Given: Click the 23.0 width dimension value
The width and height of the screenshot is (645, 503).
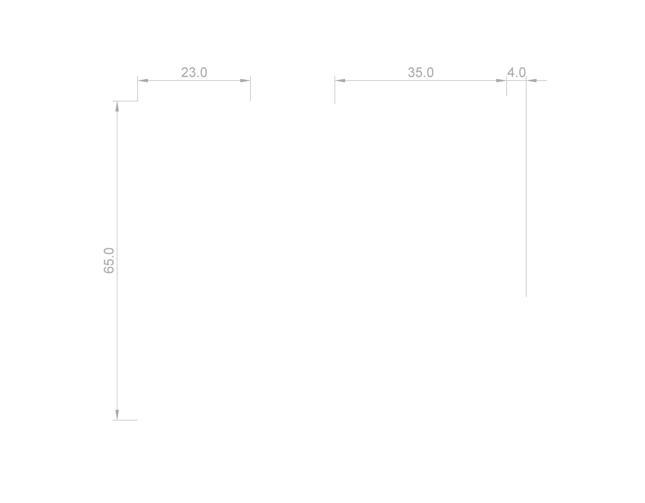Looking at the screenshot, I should [x=194, y=73].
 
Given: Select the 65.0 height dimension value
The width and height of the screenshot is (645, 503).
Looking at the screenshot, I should [x=109, y=260].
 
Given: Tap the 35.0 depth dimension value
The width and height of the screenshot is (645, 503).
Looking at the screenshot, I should [x=421, y=73].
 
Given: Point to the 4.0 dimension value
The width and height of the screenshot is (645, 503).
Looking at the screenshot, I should [x=516, y=73].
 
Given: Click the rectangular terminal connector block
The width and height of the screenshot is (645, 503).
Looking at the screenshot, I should [x=205, y=268].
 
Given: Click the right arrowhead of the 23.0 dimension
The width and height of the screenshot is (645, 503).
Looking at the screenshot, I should [x=246, y=80].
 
